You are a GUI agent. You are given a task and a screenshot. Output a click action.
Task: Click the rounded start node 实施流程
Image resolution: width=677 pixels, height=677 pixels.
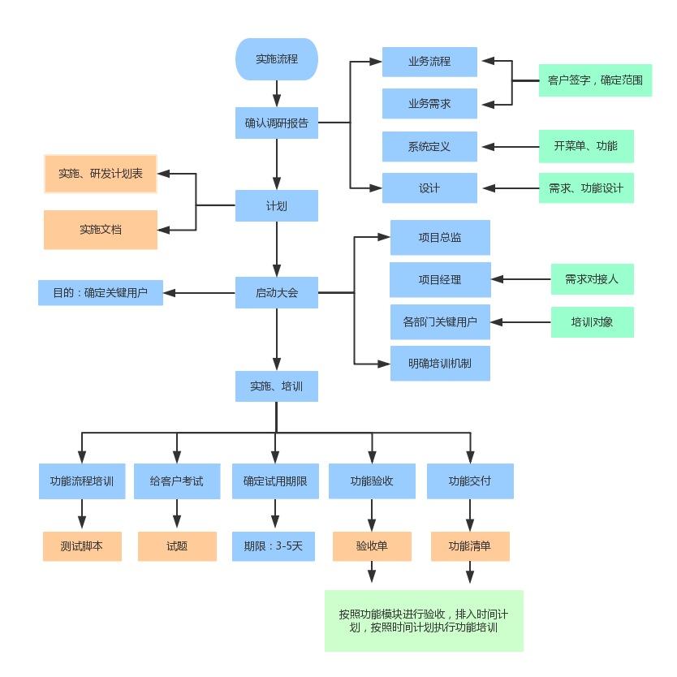(276, 59)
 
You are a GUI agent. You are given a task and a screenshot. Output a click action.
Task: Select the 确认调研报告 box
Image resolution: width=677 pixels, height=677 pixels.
(276, 124)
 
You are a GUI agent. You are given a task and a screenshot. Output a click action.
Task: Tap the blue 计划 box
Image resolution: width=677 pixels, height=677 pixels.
(276, 205)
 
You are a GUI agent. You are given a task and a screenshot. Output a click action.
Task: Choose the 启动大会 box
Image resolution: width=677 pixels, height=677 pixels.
(276, 292)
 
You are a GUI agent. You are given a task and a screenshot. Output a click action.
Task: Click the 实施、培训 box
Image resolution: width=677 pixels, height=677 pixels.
(276, 386)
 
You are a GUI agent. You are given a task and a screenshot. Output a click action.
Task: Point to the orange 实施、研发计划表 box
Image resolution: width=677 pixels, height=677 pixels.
(100, 174)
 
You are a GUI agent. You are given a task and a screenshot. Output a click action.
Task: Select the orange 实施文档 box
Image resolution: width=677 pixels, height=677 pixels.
(100, 230)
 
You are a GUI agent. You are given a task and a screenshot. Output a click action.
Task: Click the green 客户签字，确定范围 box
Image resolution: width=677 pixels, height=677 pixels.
(595, 80)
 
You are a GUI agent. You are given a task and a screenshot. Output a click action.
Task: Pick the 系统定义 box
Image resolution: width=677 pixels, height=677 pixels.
(429, 147)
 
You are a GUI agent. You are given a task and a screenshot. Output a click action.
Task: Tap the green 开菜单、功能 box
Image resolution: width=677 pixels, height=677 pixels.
(585, 147)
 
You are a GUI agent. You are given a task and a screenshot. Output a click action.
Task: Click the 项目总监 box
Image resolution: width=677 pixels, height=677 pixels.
(440, 237)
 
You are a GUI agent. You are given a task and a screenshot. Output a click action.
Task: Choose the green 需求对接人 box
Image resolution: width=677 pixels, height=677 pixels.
(592, 279)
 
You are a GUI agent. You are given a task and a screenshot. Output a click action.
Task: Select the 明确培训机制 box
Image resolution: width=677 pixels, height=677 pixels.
(440, 364)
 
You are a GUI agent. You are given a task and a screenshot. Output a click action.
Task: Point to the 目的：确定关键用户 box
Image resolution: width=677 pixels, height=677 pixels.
(100, 292)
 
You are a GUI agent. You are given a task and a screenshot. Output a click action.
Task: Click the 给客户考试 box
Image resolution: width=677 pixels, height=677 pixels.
(177, 481)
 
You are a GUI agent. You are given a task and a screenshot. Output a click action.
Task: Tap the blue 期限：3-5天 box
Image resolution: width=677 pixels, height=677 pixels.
(273, 546)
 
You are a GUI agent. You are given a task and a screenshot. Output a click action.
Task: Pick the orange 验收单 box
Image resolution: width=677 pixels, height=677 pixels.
(372, 546)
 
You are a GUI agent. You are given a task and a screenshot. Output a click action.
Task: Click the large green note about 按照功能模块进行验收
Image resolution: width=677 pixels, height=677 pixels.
(424, 621)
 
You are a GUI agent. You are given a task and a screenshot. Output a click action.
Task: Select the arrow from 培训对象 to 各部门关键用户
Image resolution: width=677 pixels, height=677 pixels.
(521, 322)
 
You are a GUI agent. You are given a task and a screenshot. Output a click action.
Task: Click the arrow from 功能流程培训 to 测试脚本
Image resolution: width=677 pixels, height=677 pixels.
(81, 515)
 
